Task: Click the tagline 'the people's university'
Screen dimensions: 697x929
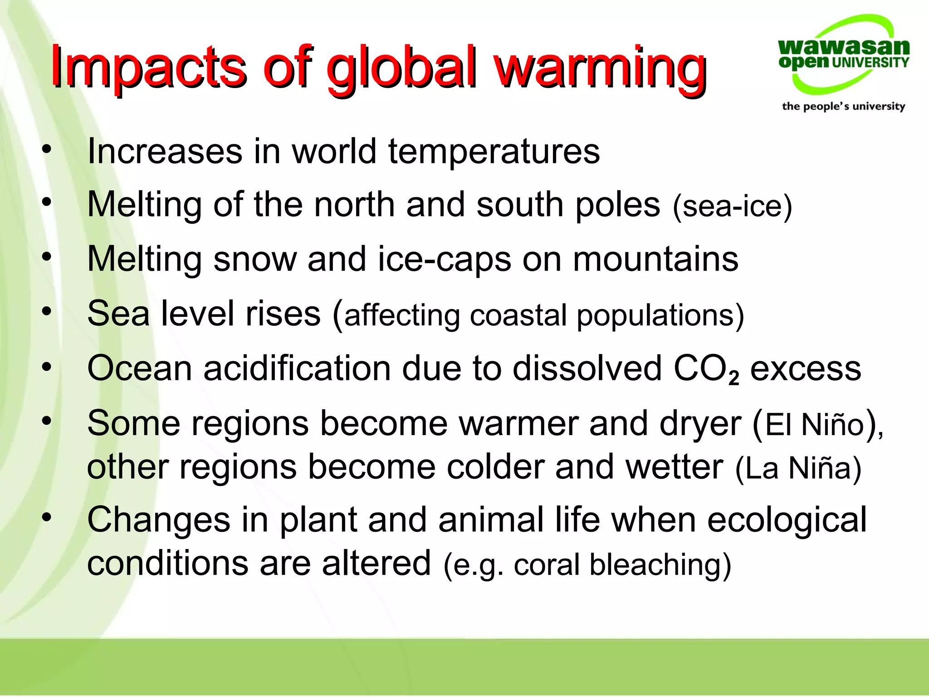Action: pos(843,106)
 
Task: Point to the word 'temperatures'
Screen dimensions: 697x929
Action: pos(494,152)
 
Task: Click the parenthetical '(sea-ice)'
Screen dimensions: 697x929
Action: pos(732,206)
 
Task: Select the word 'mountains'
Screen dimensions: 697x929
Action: pos(655,260)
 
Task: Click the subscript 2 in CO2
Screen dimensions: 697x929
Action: pos(734,378)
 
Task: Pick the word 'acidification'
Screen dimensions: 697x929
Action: pos(297,368)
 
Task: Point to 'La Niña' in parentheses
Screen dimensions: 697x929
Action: pos(798,468)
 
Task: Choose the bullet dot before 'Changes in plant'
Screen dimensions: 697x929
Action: pos(46,517)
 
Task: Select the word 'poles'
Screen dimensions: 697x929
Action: pos(618,205)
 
